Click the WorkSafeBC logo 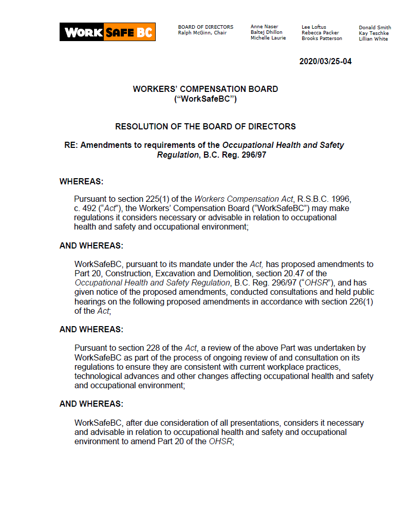pyautogui.click(x=107, y=32)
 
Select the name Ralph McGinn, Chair pyautogui.click(x=202, y=33)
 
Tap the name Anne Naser pyautogui.click(x=264, y=27)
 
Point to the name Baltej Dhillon pyautogui.click(x=266, y=32)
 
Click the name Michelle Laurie pyautogui.click(x=268, y=38)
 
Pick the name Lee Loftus pyautogui.click(x=313, y=27)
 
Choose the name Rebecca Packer pyautogui.click(x=320, y=33)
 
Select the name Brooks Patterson pyautogui.click(x=322, y=39)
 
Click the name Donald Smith pyautogui.click(x=375, y=28)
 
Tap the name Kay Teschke pyautogui.click(x=374, y=33)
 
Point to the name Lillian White pyautogui.click(x=373, y=39)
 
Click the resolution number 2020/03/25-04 pyautogui.click(x=325, y=62)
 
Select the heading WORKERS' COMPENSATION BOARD pyautogui.click(x=205, y=89)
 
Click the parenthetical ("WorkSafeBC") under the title pyautogui.click(x=205, y=99)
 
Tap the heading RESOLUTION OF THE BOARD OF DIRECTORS pyautogui.click(x=205, y=126)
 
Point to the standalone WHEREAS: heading pyautogui.click(x=81, y=181)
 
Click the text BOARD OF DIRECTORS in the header pyautogui.click(x=206, y=27)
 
